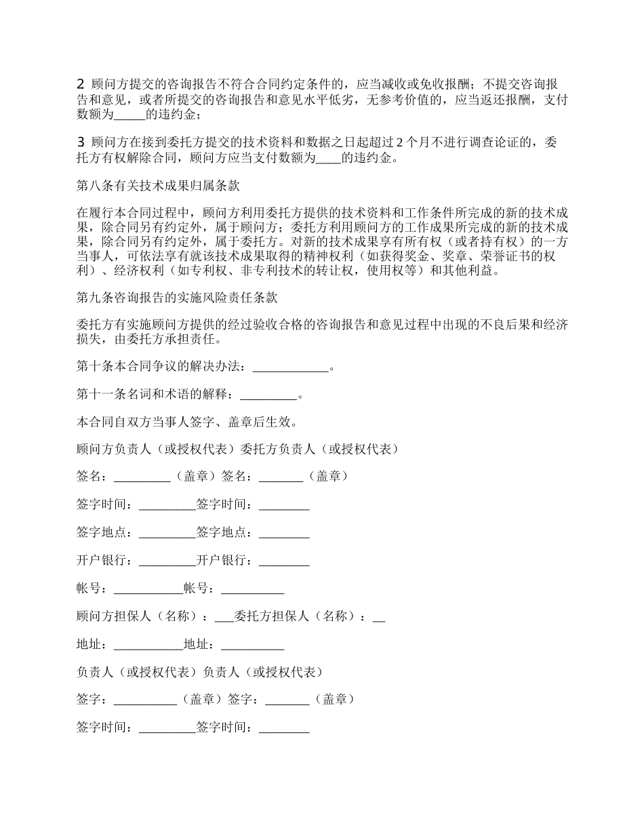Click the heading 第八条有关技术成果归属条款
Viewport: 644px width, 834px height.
tap(158, 185)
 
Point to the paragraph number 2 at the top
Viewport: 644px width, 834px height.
tap(81, 85)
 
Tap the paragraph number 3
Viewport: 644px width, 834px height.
tap(81, 142)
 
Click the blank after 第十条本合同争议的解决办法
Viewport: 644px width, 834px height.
tap(290, 368)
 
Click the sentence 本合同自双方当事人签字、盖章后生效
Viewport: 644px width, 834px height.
tap(186, 422)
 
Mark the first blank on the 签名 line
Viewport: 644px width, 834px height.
tap(142, 477)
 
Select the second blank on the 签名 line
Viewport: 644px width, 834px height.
tap(281, 477)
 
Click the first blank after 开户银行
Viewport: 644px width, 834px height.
tap(167, 561)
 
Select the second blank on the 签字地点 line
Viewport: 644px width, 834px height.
tap(284, 533)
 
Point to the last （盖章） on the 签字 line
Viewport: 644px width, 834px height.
tap(335, 699)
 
